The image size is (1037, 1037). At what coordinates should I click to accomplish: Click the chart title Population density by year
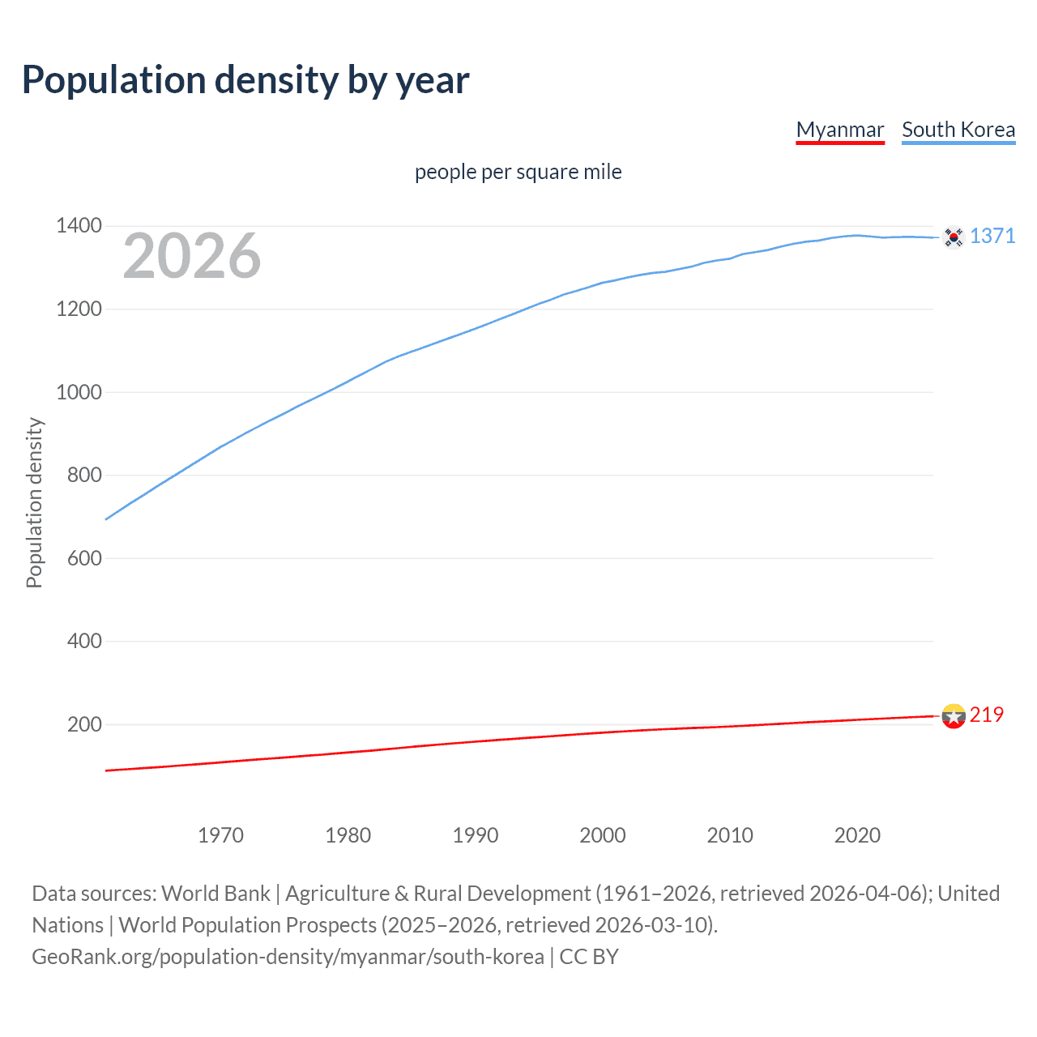click(x=245, y=80)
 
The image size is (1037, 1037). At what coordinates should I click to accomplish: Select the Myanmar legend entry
click(x=839, y=130)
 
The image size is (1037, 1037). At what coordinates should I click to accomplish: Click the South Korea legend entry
click(x=958, y=130)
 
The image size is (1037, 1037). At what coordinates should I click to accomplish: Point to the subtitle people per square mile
click(x=518, y=172)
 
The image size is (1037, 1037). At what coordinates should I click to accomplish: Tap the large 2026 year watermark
click(x=192, y=256)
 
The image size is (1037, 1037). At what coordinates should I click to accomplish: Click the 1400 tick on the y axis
click(x=79, y=225)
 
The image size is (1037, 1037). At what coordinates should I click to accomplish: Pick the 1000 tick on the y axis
click(x=79, y=391)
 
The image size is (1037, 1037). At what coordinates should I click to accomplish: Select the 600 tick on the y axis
click(x=84, y=557)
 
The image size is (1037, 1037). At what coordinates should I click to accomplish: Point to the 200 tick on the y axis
click(x=84, y=723)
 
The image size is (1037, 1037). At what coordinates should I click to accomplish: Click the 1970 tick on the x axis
click(x=220, y=834)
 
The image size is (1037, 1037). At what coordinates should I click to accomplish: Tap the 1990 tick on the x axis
click(x=476, y=834)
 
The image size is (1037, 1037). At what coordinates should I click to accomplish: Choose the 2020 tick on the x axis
click(x=857, y=834)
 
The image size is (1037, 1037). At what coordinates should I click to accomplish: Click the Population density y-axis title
click(x=34, y=502)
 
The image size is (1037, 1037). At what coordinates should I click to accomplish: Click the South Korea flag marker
click(x=954, y=237)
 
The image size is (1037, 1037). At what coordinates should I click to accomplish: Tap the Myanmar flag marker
click(x=954, y=716)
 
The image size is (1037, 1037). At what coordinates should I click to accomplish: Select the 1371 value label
click(x=992, y=236)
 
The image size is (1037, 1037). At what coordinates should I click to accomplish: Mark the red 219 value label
click(x=986, y=715)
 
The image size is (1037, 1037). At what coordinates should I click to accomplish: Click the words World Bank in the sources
click(x=216, y=893)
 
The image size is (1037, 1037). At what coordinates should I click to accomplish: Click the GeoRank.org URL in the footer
click(x=288, y=957)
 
